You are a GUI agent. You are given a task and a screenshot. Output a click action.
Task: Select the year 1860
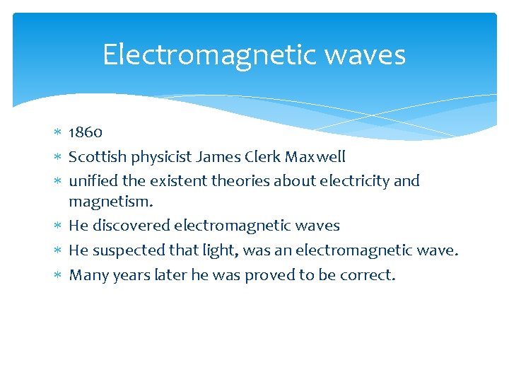(86, 132)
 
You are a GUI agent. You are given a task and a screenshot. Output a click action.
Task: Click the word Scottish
(95, 156)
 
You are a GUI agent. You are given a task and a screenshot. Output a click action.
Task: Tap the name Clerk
(266, 156)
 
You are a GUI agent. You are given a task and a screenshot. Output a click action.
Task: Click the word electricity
(353, 180)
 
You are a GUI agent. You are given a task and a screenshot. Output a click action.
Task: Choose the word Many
(87, 274)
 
